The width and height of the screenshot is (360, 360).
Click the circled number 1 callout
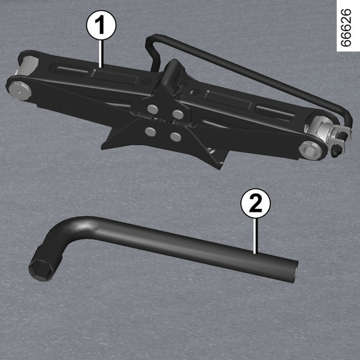click(101, 25)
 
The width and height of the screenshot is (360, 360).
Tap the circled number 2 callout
click(256, 203)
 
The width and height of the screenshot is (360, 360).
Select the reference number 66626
click(346, 28)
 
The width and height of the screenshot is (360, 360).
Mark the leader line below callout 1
click(101, 54)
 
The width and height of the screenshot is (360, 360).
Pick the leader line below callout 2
click(255, 236)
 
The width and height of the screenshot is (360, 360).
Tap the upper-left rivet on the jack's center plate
click(152, 109)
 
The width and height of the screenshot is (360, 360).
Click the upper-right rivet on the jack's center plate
click(178, 114)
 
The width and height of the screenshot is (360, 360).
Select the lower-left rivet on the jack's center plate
click(151, 131)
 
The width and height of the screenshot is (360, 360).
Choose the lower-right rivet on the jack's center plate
click(176, 137)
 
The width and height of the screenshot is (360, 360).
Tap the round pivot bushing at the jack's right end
click(310, 149)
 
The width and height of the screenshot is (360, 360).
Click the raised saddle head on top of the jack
click(173, 73)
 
